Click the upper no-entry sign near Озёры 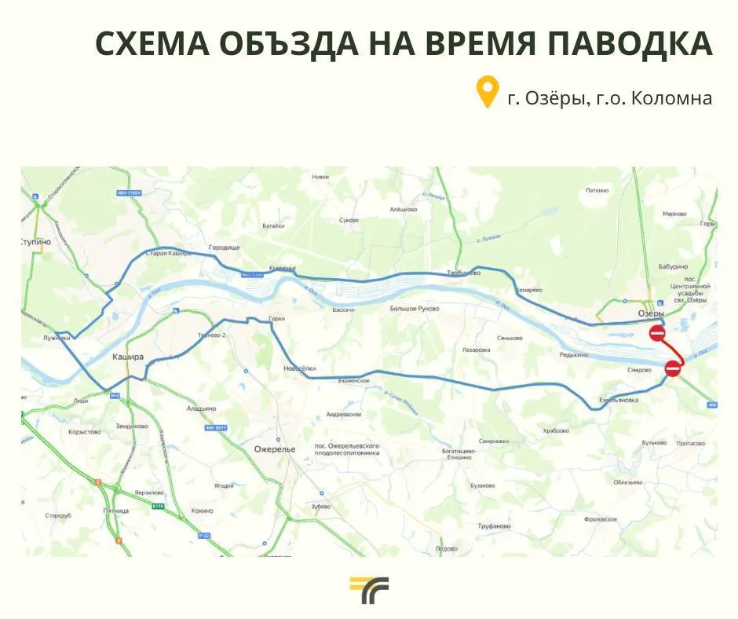tap(658, 334)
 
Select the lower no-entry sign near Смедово tap(673, 368)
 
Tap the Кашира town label tap(128, 356)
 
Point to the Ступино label tap(36, 242)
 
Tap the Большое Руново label tap(415, 309)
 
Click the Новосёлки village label tap(299, 368)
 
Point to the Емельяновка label tap(619, 400)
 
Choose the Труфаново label tap(493, 526)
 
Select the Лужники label tap(57, 339)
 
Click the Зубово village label tap(320, 507)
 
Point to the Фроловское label tap(601, 519)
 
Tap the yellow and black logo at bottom tap(369, 590)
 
